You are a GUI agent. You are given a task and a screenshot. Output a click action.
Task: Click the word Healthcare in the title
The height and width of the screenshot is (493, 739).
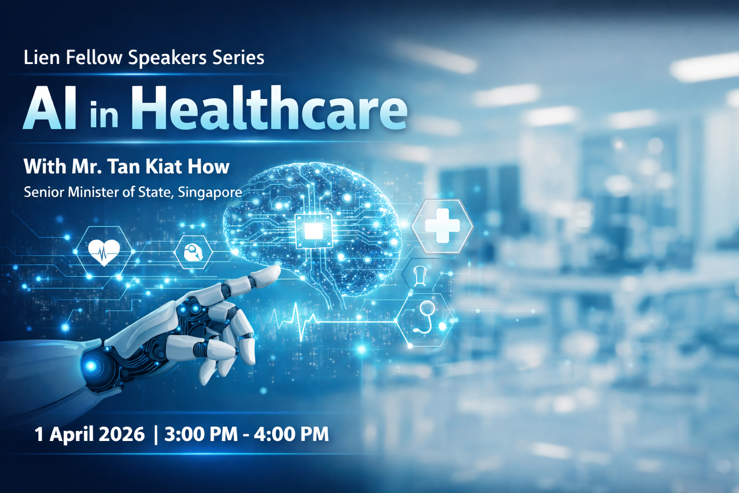coord(269,107)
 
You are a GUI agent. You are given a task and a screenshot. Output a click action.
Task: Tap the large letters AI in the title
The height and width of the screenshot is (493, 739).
coord(50,108)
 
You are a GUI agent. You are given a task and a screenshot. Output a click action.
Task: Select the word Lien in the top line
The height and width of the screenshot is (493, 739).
coord(41,57)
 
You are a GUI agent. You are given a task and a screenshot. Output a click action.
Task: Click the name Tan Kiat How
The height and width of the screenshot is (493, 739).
coord(168,167)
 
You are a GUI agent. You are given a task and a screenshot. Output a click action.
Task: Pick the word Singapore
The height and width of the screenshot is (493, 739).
coord(210,193)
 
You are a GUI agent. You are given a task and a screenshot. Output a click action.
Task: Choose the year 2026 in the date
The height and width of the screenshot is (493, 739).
coord(121,434)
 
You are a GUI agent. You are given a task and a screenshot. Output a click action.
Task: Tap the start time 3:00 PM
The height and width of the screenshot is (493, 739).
coord(201,434)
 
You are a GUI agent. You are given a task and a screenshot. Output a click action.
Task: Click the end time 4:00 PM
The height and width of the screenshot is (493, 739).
coord(291,434)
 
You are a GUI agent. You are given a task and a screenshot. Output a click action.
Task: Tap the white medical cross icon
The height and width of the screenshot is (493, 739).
coord(442,225)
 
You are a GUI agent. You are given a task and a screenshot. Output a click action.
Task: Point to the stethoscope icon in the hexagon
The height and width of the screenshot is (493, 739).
coord(425,318)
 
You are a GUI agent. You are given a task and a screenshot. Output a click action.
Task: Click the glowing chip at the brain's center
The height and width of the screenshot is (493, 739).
coord(313,231)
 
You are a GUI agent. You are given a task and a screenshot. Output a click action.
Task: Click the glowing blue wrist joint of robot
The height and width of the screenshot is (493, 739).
coord(91,365)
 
